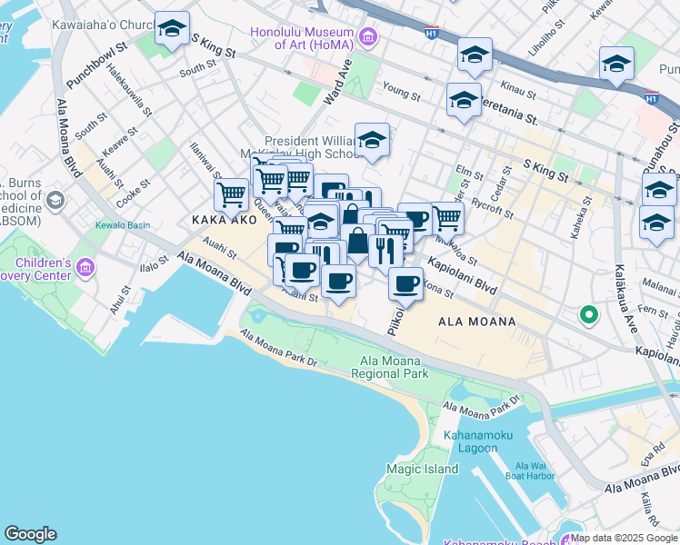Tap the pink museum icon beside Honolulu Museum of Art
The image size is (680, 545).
click(x=367, y=37)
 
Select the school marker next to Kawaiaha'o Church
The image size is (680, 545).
click(x=172, y=29)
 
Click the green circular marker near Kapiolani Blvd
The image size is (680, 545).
click(x=588, y=315)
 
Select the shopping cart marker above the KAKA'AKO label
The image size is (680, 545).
click(x=231, y=193)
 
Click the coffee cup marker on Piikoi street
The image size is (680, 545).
click(x=405, y=284)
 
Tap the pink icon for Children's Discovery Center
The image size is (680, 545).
click(x=86, y=267)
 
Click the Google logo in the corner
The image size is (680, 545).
click(x=30, y=534)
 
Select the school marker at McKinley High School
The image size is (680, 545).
click(x=371, y=141)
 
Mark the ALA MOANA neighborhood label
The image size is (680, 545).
click(x=476, y=322)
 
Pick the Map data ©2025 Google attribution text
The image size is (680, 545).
click(x=624, y=538)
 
